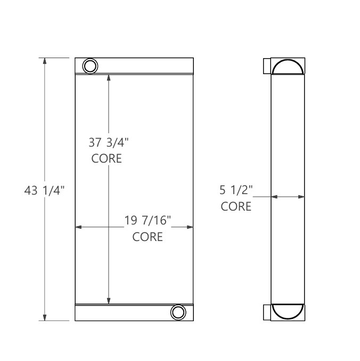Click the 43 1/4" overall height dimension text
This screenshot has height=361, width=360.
[44, 190]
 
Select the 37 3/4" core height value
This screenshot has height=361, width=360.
[109, 143]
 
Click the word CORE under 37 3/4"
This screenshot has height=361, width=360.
[107, 159]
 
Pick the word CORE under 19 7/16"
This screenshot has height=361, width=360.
[148, 237]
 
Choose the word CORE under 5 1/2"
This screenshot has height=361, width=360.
[236, 206]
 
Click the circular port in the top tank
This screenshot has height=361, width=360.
[90, 66]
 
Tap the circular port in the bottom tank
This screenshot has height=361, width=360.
[177, 312]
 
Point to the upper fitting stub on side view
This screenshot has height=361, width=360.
[267, 66]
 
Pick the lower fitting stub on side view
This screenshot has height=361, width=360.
[267, 312]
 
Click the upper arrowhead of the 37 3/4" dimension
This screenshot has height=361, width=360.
[109, 77]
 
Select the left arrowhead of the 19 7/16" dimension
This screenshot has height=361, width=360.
[79, 227]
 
